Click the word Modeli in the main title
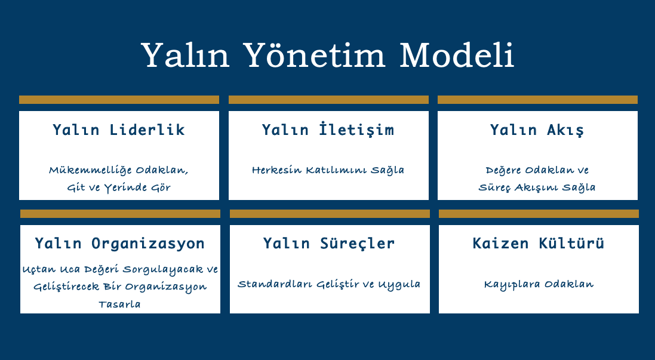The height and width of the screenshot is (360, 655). point(457,55)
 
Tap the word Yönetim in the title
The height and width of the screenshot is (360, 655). point(313,54)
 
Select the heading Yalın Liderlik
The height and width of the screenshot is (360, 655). point(119,130)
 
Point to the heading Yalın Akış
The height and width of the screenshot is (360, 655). point(537,130)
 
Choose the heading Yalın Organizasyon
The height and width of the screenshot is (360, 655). point(120,243)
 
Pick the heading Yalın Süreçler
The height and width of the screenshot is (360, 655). point(329,243)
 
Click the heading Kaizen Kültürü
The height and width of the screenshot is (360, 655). point(539,242)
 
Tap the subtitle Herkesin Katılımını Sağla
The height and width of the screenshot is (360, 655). point(328,170)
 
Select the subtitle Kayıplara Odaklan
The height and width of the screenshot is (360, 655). point(539,284)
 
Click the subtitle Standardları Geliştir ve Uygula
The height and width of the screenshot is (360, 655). point(329,284)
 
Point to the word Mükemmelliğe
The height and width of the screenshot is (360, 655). point(91,170)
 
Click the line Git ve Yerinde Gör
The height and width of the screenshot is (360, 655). point(119,187)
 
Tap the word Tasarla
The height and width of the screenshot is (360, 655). point(119,304)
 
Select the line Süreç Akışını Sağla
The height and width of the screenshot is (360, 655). point(537,187)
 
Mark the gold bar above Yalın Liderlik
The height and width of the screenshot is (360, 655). point(119,100)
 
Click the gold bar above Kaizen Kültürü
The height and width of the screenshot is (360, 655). point(539,214)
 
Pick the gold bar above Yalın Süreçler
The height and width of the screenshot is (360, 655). point(330,214)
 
